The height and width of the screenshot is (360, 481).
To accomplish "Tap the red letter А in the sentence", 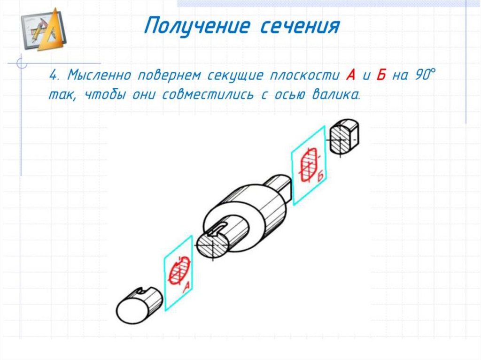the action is pyautogui.click(x=350, y=75).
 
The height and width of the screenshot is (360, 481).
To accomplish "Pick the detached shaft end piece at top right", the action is pyautogui.click(x=344, y=137).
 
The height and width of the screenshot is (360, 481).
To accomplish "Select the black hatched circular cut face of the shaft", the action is pyautogui.click(x=212, y=245).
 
